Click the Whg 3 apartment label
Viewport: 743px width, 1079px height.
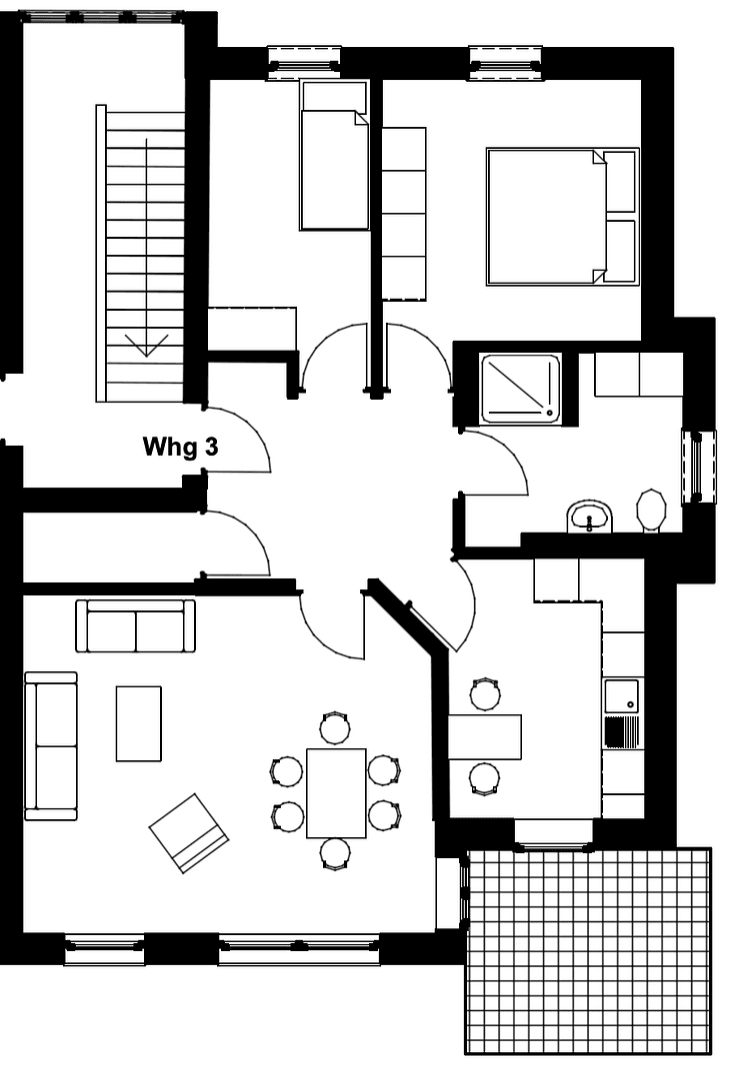[x=180, y=447]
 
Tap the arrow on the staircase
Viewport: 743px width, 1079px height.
[x=146, y=344]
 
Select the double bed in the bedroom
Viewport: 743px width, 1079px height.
[x=548, y=217]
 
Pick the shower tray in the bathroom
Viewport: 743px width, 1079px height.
[x=521, y=387]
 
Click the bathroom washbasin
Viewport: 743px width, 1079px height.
[x=590, y=518]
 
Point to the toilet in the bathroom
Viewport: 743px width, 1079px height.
[x=651, y=512]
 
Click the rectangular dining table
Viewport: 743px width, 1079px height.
[x=336, y=792]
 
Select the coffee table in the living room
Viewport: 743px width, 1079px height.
[x=138, y=723]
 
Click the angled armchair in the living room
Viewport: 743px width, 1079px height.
[x=189, y=832]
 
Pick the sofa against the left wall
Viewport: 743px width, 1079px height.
[x=51, y=745]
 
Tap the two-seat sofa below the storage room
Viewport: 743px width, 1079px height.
[x=136, y=626]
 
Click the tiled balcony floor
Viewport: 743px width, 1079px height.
[x=589, y=950]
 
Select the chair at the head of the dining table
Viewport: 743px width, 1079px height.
[x=335, y=728]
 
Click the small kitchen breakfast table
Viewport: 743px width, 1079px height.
[x=485, y=736]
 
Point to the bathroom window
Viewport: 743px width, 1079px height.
[x=698, y=467]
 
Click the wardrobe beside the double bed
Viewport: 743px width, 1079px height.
[x=404, y=214]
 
